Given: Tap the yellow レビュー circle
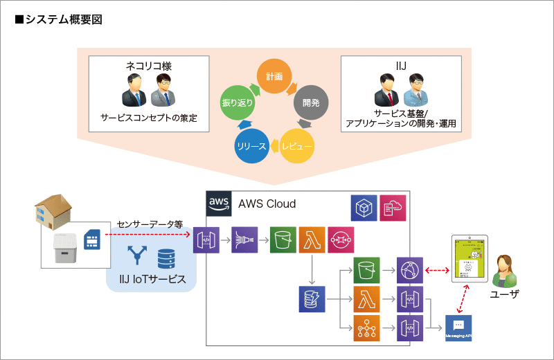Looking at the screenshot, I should [x=297, y=145].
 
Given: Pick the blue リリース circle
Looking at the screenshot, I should [x=251, y=145].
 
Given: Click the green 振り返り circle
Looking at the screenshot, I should [x=237, y=102].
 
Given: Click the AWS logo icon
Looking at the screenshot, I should [x=219, y=204].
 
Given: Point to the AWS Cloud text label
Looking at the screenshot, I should [x=267, y=204].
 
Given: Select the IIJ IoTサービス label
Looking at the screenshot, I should [x=152, y=278].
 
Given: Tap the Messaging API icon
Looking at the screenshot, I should [x=458, y=327].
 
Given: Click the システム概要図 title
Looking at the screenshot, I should [x=58, y=19].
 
